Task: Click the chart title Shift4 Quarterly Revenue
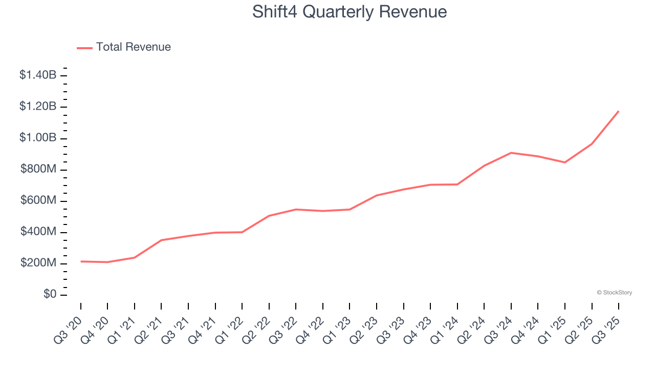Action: [x=350, y=12]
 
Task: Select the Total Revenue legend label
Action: [x=133, y=47]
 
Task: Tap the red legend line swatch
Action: [x=84, y=48]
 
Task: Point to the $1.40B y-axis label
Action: [x=38, y=75]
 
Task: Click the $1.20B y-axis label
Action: [x=38, y=107]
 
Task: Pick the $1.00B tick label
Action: [x=38, y=138]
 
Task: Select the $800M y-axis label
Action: [x=38, y=169]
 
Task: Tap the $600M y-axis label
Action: [x=38, y=200]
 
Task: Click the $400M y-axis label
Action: [x=38, y=232]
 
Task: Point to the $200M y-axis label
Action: [x=38, y=263]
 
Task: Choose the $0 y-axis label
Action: [x=50, y=295]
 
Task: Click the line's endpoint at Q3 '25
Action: [x=619, y=111]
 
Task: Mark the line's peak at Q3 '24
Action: [x=511, y=153]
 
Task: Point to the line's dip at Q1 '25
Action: [x=565, y=162]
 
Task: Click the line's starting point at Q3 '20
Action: [x=81, y=261]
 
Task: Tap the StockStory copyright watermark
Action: [x=614, y=293]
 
